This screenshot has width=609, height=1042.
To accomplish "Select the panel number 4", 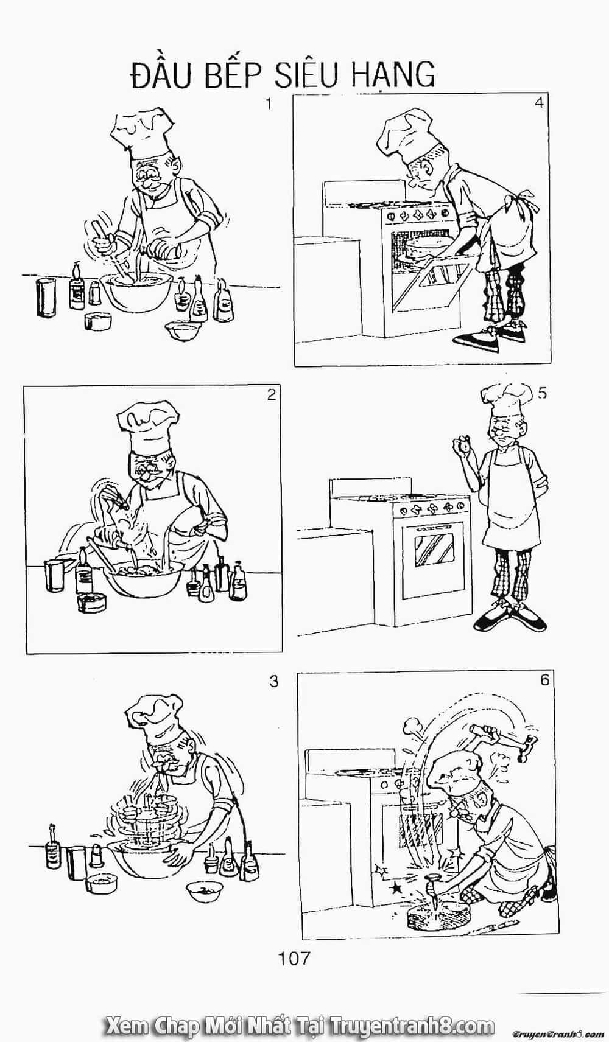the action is [x=539, y=103].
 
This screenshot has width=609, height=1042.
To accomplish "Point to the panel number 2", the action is [x=272, y=395].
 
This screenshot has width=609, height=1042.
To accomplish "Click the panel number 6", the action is [x=545, y=680].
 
